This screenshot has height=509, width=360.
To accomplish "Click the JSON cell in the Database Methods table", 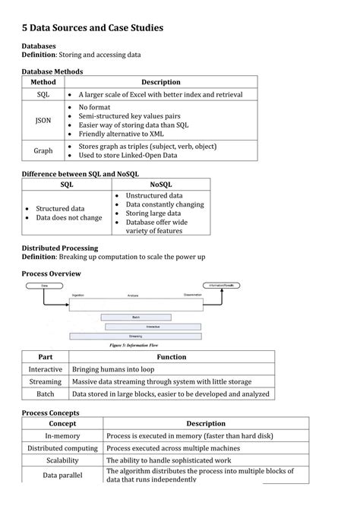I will coord(43,120).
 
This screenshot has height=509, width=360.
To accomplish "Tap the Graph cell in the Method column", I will coord(43,150).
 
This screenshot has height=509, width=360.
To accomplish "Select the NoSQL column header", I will coord(161,184).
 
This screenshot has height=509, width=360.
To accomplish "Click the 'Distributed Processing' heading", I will coord(59,248).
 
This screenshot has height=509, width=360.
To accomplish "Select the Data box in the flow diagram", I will coord(44,286).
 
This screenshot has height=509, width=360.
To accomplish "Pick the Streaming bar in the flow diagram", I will coord(135,335).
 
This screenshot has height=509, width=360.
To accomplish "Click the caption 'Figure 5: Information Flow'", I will coord(137,345).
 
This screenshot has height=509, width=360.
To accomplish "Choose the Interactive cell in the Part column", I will coord(45,369).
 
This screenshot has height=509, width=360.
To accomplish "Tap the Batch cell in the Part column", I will coord(45,394).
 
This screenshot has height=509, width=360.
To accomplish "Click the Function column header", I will coord(172,356).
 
